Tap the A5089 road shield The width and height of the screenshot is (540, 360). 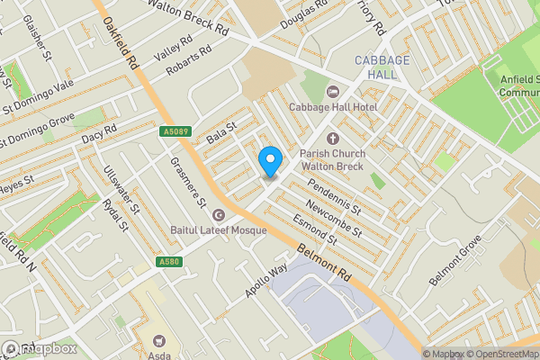click(x=176, y=132)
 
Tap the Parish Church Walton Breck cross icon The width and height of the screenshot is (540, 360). click(x=333, y=138)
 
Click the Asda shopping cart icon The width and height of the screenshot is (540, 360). click(x=159, y=342)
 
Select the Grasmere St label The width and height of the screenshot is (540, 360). click(x=189, y=180)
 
